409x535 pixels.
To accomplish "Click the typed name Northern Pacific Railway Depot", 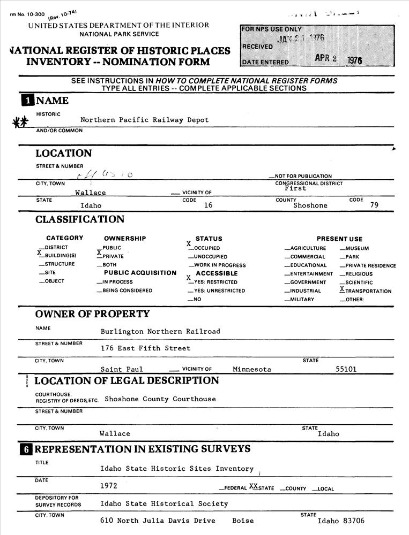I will [144, 120].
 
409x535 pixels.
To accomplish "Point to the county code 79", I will [374, 204].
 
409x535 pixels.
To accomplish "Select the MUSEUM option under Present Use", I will [356, 248].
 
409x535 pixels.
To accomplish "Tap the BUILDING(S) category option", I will [60, 256].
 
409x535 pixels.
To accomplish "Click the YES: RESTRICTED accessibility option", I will [215, 282].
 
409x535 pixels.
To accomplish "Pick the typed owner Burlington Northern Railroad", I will [160, 331].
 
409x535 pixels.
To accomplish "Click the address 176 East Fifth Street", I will [145, 348].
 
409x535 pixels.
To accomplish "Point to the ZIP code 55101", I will [346, 369].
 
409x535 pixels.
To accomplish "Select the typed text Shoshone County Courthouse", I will [160, 399].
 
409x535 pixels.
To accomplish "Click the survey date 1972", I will [109, 486].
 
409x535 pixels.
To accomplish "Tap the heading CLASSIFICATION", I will [80, 219].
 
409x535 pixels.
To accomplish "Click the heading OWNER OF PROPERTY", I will [92, 314].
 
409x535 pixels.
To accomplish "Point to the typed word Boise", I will [243, 521].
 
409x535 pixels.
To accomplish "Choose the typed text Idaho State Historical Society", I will [164, 503].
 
